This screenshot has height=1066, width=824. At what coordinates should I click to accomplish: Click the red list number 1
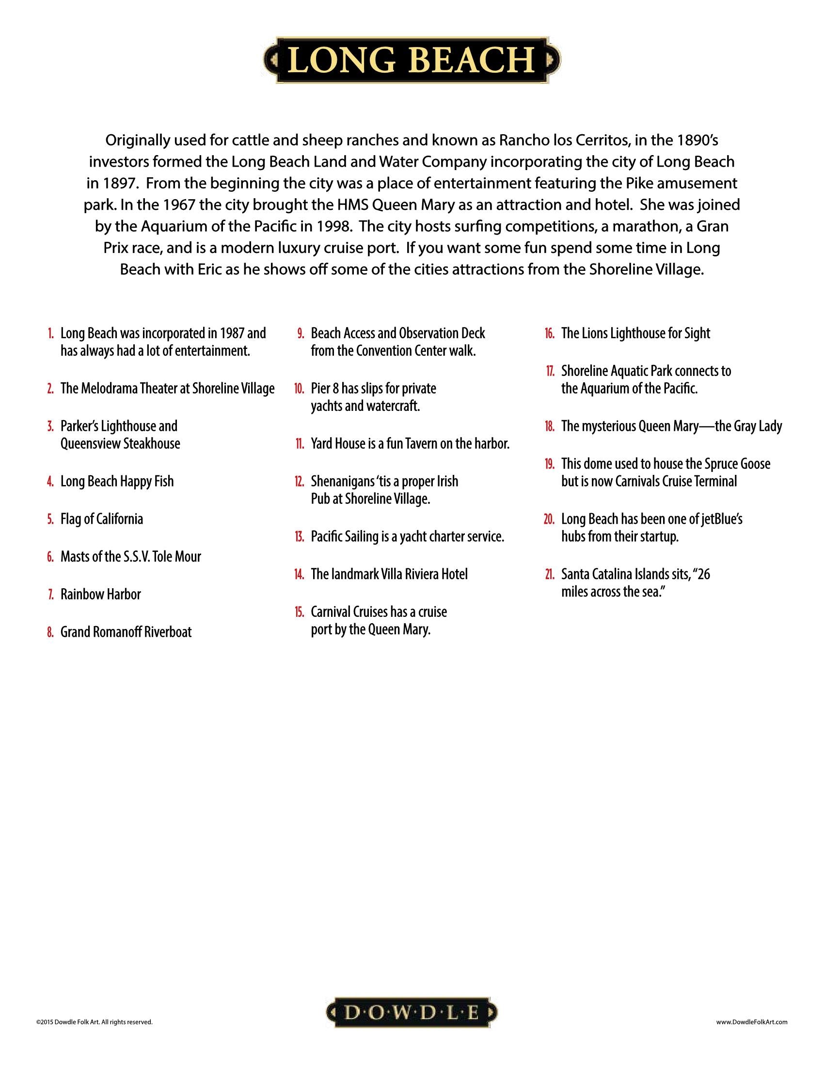click(50, 334)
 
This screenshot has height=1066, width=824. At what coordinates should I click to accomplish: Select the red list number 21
click(549, 575)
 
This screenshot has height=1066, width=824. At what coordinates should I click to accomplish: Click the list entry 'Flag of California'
click(101, 519)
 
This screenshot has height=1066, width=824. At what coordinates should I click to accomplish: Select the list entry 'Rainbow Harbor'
click(100, 595)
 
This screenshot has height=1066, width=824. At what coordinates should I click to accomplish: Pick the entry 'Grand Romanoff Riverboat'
click(126, 632)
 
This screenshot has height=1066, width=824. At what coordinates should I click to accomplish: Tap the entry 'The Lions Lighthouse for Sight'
click(635, 334)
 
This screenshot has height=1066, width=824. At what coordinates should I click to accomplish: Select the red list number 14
click(299, 575)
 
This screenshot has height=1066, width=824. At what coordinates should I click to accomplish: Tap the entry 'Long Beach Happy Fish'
click(117, 481)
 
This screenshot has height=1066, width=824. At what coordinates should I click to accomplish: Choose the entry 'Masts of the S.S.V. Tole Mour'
click(130, 557)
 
